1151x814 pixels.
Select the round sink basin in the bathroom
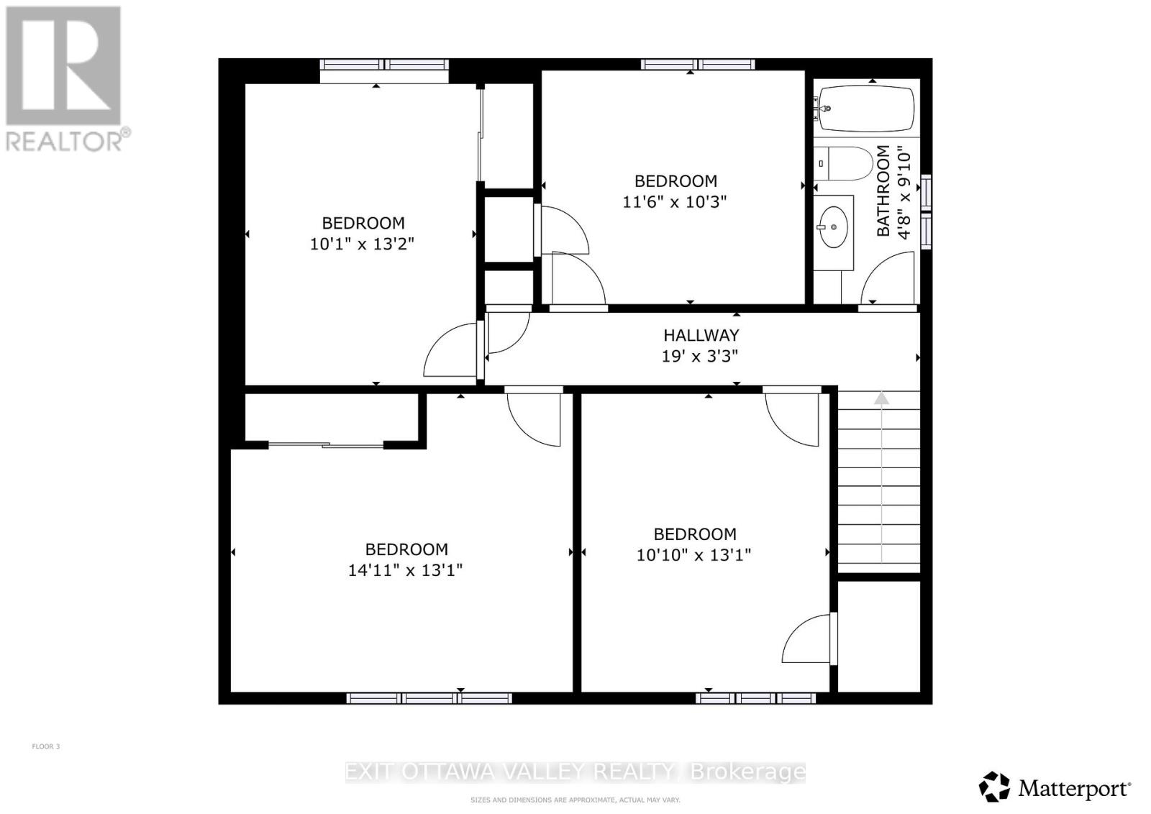834,227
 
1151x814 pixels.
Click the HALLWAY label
701,335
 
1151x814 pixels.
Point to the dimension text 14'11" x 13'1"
405,570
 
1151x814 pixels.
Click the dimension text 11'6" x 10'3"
674,202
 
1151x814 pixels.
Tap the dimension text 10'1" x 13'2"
362,244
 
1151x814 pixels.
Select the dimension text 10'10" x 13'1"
693,555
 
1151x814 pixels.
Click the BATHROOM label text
883,191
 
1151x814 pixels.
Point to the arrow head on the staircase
881,398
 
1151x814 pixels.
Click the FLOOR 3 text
46,746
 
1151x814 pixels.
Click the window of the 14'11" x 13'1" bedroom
429,698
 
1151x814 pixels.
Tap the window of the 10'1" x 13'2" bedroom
384,65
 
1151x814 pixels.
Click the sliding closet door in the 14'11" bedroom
327,446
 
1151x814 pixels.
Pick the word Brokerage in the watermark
747,772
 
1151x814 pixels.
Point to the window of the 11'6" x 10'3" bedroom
698,65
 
